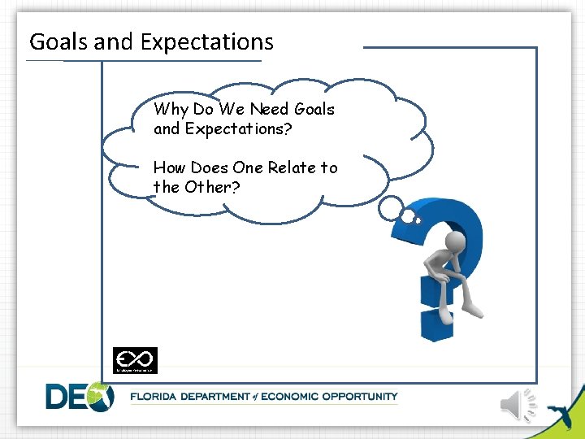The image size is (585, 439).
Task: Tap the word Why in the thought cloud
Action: point(171,109)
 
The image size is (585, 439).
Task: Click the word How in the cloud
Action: point(169,167)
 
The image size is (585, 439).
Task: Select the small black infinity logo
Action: point(135,359)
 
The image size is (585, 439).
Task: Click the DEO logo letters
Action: point(80,397)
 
